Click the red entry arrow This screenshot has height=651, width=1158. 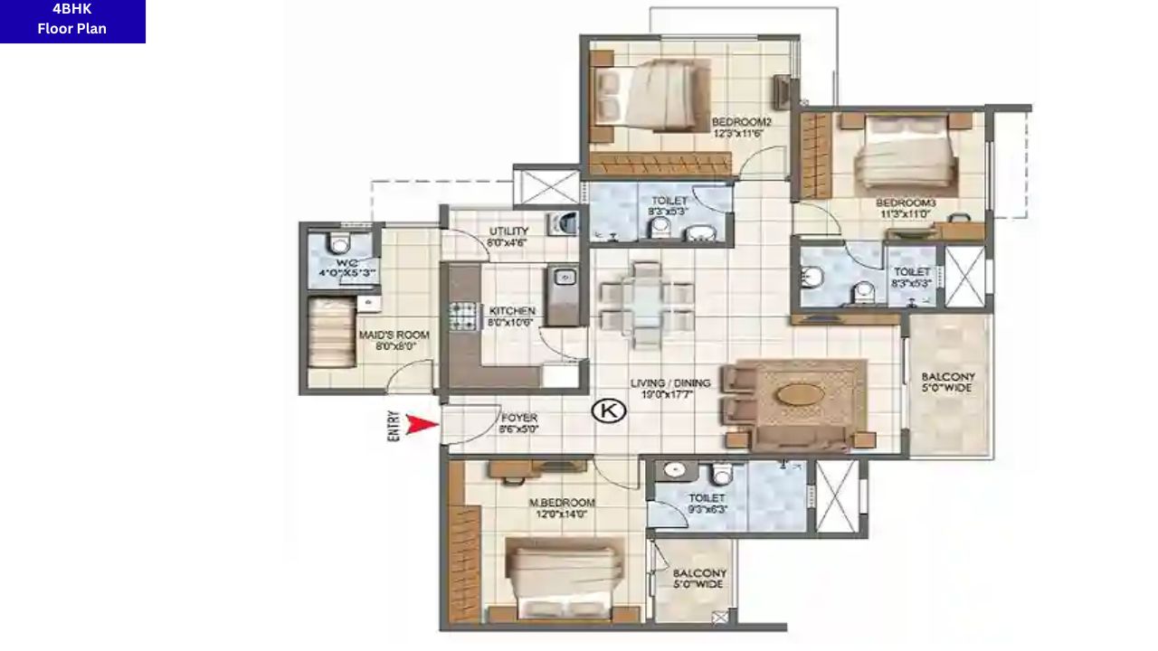point(421,424)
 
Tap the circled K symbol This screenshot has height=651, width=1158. point(609,411)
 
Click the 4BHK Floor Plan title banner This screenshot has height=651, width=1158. point(72,21)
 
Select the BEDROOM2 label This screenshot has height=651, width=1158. point(741,127)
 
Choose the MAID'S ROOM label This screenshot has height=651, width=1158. point(394,340)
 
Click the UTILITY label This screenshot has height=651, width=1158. point(508,237)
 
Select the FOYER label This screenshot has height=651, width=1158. point(518,423)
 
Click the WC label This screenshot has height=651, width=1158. point(340,268)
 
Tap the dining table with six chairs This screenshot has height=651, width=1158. point(646,306)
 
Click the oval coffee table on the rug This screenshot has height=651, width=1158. point(802,396)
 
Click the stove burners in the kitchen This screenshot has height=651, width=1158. point(463,316)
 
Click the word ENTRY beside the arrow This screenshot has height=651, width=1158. point(394,426)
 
